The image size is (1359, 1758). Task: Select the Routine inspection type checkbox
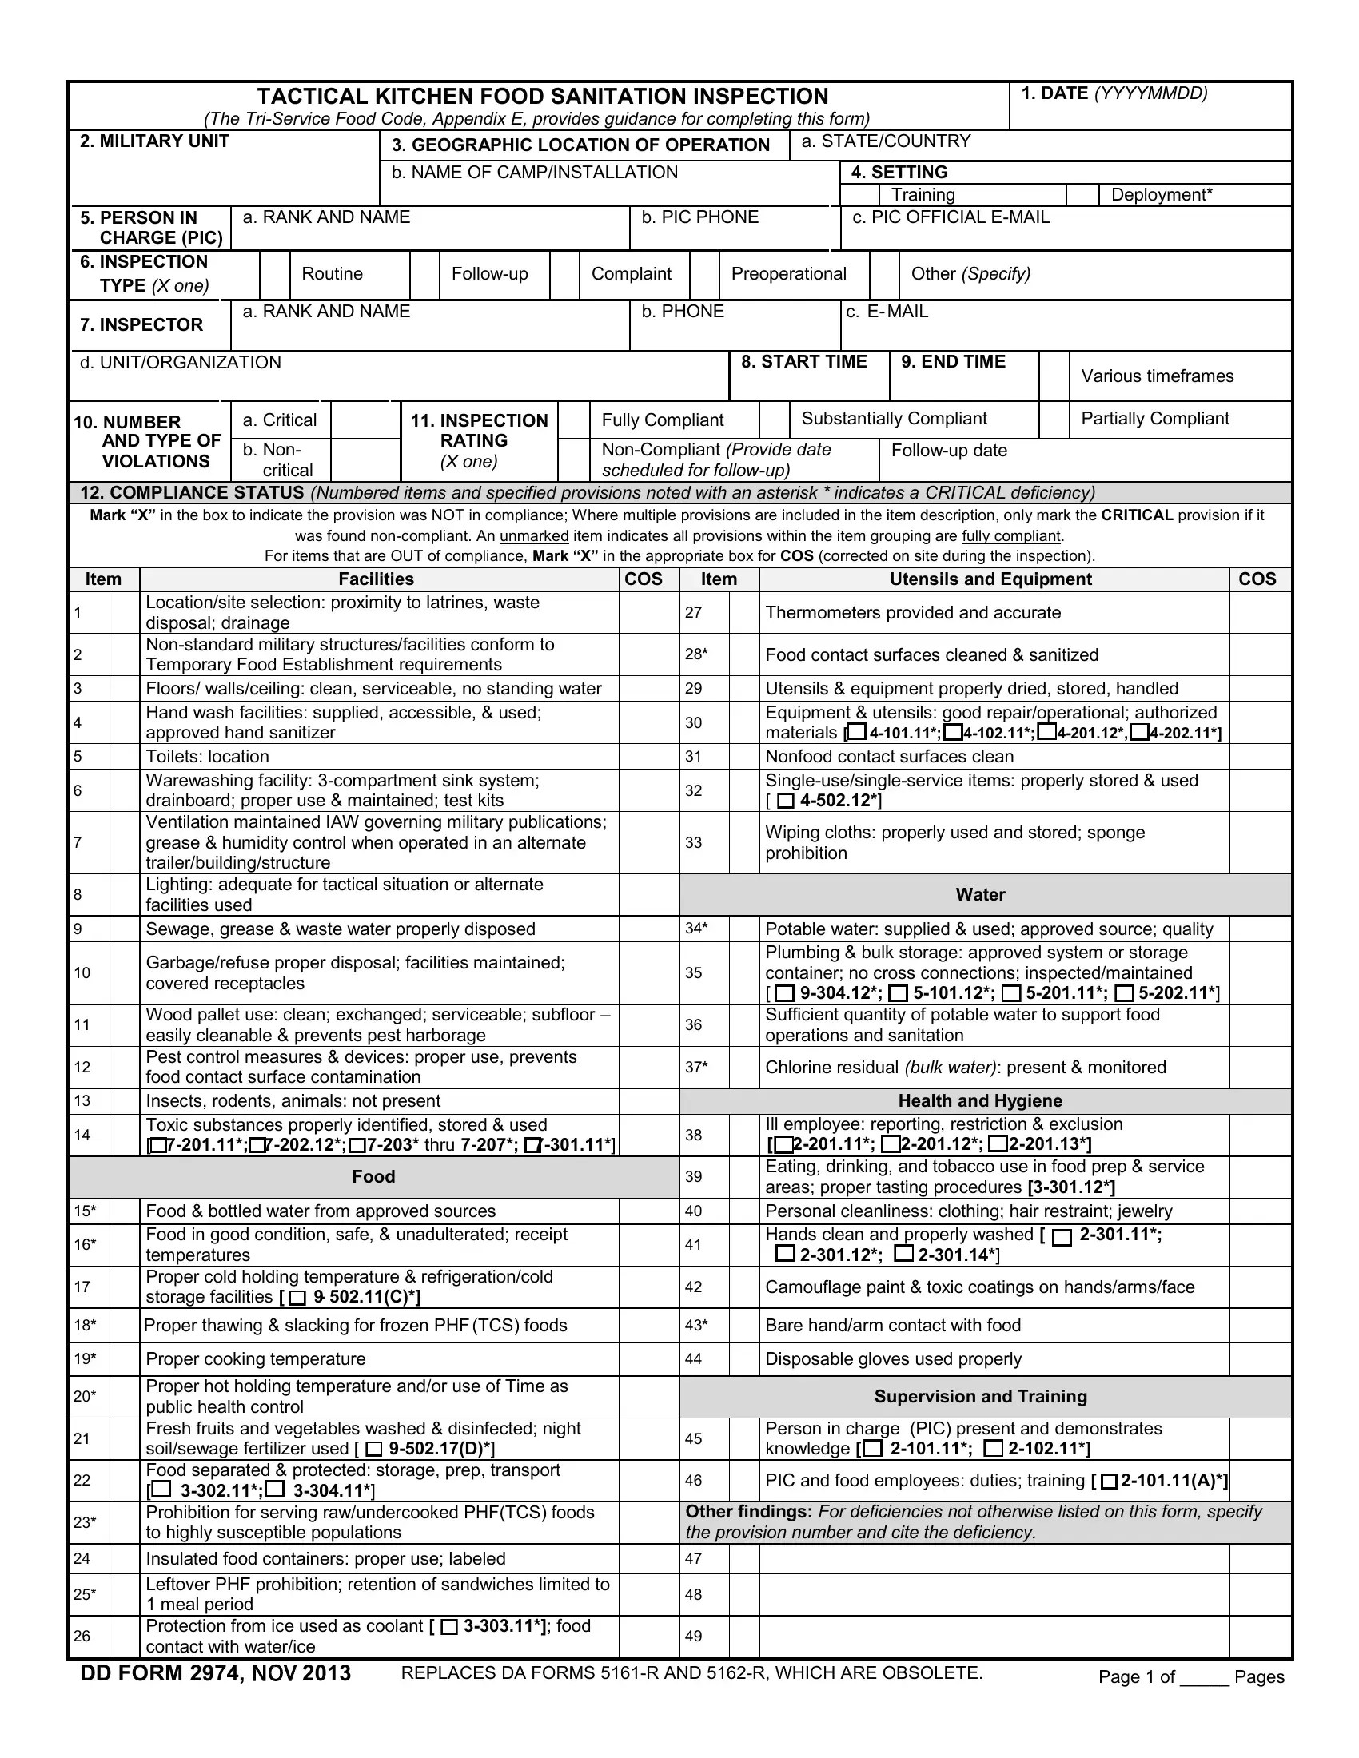(x=274, y=274)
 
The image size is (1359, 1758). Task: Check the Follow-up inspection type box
(x=424, y=274)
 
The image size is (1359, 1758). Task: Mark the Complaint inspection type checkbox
(x=564, y=274)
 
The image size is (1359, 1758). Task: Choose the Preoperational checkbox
(x=704, y=274)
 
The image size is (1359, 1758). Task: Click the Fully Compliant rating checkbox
(x=573, y=420)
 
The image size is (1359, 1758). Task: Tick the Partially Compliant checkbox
(x=1054, y=420)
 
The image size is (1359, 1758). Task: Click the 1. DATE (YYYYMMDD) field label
(x=1114, y=93)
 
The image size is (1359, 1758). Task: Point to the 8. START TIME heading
(x=803, y=362)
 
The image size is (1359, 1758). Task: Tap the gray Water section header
(x=980, y=894)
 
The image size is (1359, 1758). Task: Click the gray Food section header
(x=373, y=1177)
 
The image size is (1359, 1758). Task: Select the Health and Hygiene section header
(x=980, y=1100)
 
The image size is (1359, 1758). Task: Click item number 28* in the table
(x=696, y=654)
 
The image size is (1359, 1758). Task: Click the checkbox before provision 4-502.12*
(x=786, y=801)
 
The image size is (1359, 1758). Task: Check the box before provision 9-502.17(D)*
(x=374, y=1449)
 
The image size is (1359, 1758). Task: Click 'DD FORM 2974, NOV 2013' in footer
(x=215, y=1673)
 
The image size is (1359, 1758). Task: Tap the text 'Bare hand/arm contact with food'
(x=892, y=1325)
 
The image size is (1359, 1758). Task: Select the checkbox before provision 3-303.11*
(x=449, y=1627)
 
